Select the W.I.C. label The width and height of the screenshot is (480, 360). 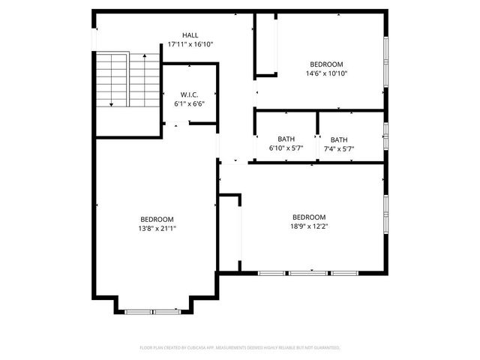point(189,94)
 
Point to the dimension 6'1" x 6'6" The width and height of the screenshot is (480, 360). point(189,104)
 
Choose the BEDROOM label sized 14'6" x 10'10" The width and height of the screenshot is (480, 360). point(326,64)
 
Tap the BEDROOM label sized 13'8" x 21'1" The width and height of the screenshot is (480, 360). point(157,219)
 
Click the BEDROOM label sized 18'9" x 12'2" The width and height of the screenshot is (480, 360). point(309,217)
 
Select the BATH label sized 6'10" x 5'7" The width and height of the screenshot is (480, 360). point(286,139)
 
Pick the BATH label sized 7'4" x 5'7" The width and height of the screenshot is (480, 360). point(339,139)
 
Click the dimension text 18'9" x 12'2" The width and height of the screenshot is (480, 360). point(309,226)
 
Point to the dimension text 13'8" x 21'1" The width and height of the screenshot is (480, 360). point(157,228)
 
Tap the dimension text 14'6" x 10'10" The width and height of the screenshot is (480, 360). point(326,73)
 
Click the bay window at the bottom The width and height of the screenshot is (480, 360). point(153,310)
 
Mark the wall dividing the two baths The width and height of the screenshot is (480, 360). point(317,135)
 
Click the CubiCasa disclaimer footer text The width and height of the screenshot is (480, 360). point(240,348)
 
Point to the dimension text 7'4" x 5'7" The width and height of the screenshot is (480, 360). point(339,148)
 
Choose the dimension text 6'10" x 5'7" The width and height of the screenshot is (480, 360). point(286,148)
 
